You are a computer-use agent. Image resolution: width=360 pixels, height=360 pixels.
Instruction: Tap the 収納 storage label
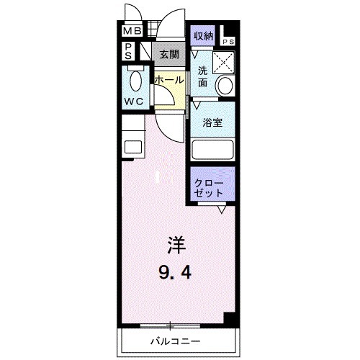[202, 35]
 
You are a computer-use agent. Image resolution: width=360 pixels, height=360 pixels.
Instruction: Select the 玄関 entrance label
[169, 54]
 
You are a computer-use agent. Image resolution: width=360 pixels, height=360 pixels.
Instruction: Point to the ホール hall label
[169, 81]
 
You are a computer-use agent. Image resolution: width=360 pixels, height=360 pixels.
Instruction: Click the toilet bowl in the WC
[133, 78]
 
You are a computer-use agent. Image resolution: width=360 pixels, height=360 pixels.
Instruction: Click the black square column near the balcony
[228, 318]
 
